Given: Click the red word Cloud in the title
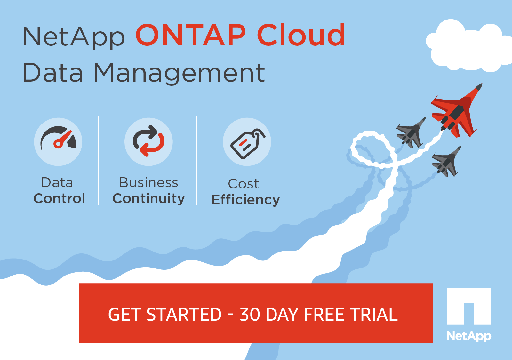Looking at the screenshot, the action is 301,35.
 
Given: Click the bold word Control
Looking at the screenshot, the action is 59,198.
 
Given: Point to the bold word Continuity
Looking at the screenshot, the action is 148,198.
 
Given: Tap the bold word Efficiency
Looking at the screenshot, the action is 246,200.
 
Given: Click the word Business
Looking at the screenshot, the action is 148,183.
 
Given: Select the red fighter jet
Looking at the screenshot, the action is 456,111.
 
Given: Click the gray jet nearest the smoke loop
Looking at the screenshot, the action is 411,132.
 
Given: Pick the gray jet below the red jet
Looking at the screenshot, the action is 446,162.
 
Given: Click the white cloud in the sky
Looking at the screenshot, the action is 468,46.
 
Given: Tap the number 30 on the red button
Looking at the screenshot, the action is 250,315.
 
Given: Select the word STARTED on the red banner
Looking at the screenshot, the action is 184,315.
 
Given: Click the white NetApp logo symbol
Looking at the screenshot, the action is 469,306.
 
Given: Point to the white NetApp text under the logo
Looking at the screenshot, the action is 469,336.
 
